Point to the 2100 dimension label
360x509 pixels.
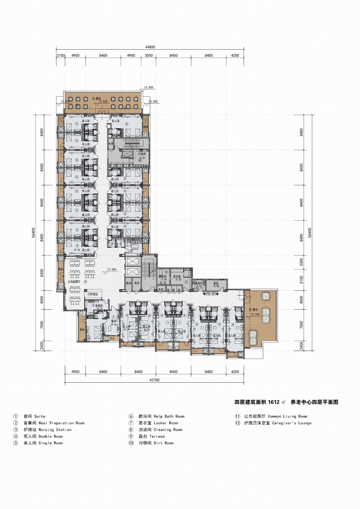click(x=61, y=55)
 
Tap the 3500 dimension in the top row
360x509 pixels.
click(x=149, y=55)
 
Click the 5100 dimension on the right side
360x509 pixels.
click(x=301, y=280)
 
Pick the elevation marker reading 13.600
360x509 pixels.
click(x=149, y=87)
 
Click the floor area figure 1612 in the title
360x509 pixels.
click(x=273, y=402)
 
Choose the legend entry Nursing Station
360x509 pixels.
click(x=47, y=429)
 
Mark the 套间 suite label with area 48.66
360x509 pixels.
click(x=114, y=322)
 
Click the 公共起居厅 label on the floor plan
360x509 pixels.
click(x=75, y=282)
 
